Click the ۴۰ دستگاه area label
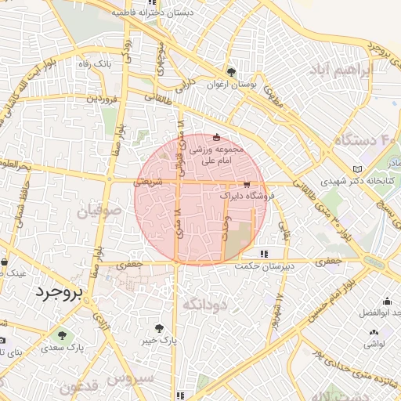[x=366, y=141]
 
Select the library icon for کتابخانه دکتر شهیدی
[x=358, y=169]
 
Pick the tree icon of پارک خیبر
[x=160, y=329]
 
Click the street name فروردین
[x=102, y=99]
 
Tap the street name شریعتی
[x=149, y=180]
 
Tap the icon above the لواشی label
[x=372, y=334]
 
